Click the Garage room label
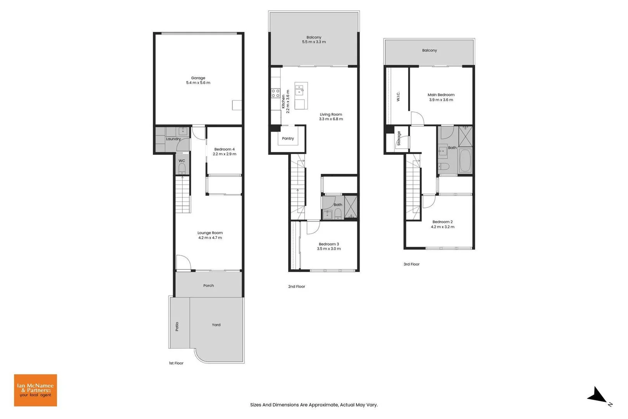[198, 78]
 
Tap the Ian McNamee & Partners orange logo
[36, 390]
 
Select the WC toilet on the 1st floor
[182, 168]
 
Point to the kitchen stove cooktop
[275, 93]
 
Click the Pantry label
[288, 139]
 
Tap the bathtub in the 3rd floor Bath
[465, 160]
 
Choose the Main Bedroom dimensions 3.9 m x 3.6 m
[441, 100]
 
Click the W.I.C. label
[398, 96]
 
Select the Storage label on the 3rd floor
[399, 138]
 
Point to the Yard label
[216, 325]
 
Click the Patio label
[177, 326]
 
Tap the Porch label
[209, 286]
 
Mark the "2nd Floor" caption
[297, 286]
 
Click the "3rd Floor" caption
[412, 264]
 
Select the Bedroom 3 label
[329, 244]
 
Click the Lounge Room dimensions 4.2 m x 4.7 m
[210, 237]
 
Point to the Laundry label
[173, 139]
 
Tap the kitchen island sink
[300, 90]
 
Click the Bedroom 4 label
[225, 149]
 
